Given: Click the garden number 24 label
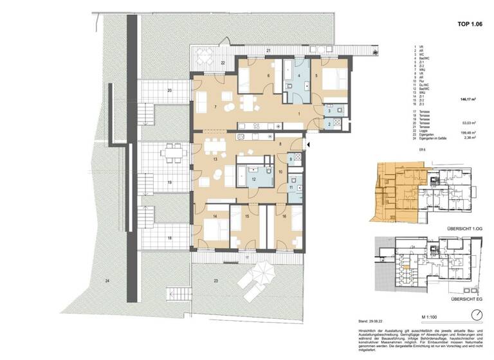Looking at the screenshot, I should [x=107, y=282].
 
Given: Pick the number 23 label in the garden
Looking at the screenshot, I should [x=216, y=281].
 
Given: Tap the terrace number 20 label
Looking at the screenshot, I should [x=169, y=91].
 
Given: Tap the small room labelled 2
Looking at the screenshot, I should [x=328, y=123].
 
